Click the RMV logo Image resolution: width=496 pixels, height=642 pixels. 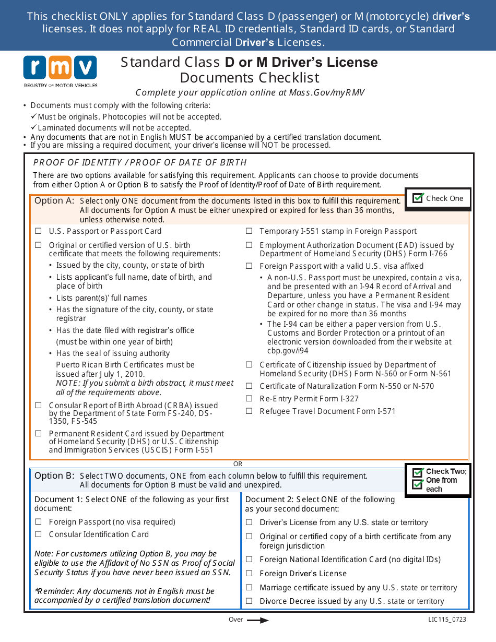[60, 71]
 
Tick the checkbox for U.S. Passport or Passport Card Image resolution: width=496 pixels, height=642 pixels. [38, 231]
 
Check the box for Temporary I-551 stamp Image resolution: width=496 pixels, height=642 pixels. [249, 231]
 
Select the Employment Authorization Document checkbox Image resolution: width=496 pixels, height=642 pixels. [249, 245]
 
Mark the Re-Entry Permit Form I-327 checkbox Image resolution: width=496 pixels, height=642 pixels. [249, 399]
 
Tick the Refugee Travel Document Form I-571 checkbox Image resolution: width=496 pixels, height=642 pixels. [249, 411]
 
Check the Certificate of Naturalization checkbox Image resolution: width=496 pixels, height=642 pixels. [249, 386]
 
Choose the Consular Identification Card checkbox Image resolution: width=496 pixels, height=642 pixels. [38, 534]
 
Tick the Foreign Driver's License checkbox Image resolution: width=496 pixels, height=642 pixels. [249, 574]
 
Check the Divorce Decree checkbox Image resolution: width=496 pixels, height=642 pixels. [249, 601]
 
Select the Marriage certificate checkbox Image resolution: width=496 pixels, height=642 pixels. [249, 588]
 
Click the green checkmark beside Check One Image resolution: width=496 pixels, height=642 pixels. [418, 198]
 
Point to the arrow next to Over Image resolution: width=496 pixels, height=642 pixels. [257, 620]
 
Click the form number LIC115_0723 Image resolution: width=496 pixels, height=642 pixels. [447, 620]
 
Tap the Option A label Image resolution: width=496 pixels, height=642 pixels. [54, 201]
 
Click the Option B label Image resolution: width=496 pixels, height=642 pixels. [54, 476]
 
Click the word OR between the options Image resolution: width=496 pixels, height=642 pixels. [238, 464]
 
